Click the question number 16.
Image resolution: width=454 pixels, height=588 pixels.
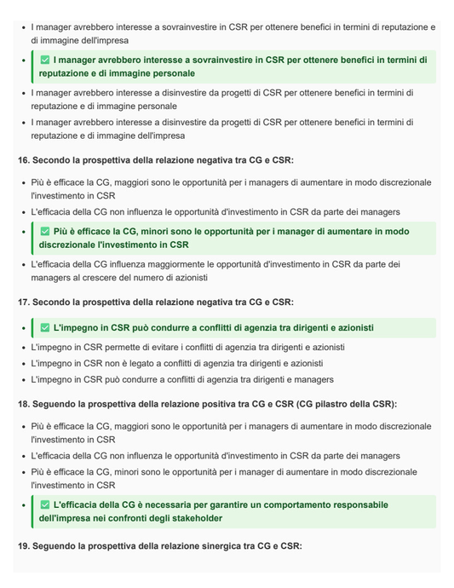point(23,160)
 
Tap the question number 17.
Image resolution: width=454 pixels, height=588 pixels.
point(23,302)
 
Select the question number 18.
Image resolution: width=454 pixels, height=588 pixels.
point(23,404)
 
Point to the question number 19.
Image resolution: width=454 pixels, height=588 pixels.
point(23,545)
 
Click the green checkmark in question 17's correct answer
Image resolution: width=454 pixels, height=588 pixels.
point(45,328)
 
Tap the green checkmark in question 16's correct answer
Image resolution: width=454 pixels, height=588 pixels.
point(45,232)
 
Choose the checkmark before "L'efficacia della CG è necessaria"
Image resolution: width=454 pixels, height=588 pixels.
point(45,505)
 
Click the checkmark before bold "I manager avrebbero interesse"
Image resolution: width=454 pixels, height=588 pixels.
point(45,61)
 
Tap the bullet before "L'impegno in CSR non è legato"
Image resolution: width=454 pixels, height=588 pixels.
point(22,364)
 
